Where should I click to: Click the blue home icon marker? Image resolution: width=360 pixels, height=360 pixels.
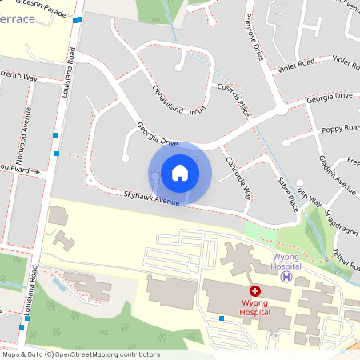[180, 173]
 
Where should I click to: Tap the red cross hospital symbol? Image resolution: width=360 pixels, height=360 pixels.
[255, 292]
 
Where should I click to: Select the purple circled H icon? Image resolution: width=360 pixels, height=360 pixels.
[286, 277]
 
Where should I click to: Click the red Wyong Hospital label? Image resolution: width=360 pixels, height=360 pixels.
[255, 307]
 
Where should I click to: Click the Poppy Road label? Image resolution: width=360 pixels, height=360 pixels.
[339, 129]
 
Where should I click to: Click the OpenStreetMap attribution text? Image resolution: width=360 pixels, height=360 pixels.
[80, 354]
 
